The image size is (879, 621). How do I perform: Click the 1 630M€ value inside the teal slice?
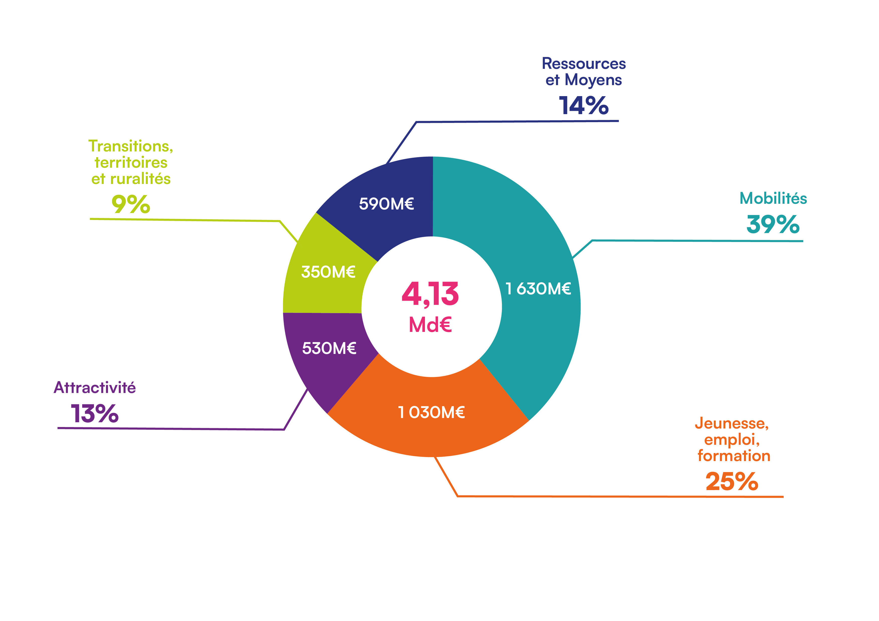(x=538, y=289)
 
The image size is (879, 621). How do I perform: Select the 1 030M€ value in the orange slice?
(x=431, y=412)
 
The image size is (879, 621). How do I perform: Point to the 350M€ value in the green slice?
(x=328, y=272)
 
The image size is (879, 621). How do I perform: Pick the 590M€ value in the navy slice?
(x=386, y=204)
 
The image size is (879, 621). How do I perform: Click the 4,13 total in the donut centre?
(x=430, y=294)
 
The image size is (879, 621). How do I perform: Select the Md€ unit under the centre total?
(x=430, y=325)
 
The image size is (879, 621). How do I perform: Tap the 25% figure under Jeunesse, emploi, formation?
(x=732, y=481)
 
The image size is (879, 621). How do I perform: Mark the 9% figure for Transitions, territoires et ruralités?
(x=131, y=204)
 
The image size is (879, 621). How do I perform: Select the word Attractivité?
(x=94, y=387)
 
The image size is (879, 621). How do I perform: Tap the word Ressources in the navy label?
(x=584, y=64)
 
